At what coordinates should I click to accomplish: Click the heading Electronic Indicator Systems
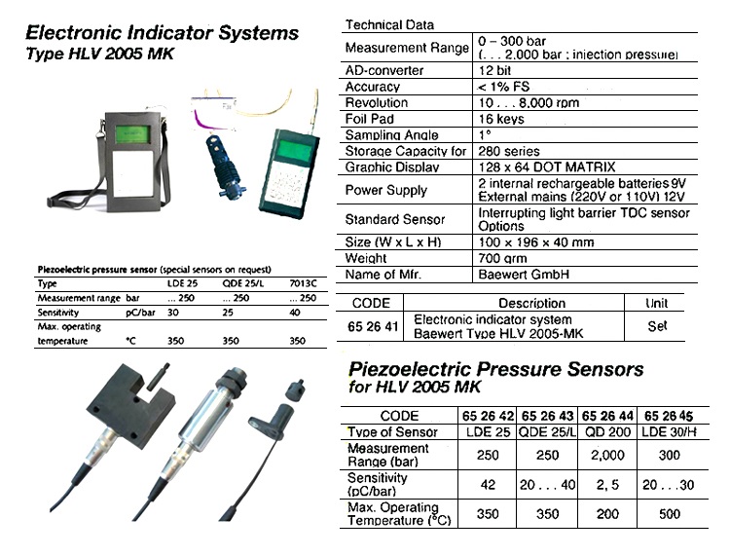pos(161,33)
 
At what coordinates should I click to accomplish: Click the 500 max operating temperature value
pos(670,513)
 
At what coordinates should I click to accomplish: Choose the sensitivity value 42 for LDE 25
pos(489,484)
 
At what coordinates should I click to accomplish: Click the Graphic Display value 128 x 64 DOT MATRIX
pos(545,167)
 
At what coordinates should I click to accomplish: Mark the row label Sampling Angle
pos(392,135)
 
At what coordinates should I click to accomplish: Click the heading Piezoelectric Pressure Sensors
pos(495,370)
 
